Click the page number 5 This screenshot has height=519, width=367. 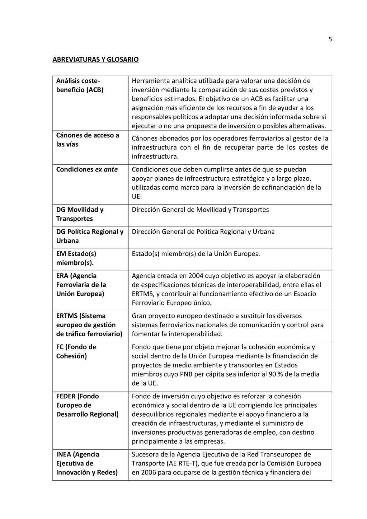330,39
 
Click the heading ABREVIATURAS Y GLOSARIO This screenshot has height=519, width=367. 95,59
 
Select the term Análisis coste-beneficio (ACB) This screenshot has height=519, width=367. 79,85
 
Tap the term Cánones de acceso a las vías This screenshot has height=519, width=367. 87,140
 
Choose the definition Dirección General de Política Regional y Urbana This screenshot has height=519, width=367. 203,232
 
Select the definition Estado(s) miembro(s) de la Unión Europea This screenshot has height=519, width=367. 196,254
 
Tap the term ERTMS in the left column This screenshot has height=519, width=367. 67,316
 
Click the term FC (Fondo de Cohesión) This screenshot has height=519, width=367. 76,352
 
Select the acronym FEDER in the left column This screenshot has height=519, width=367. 66,396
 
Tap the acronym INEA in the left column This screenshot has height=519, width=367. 64,455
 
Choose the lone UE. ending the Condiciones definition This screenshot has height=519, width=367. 137,197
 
